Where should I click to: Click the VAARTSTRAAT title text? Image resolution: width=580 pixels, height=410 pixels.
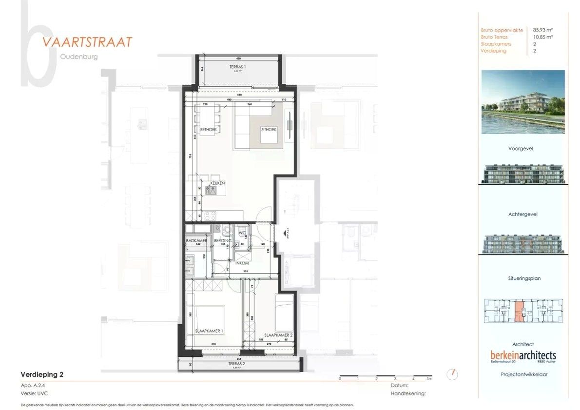pos(87,42)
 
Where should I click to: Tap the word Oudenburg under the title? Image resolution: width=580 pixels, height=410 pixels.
pos(79,57)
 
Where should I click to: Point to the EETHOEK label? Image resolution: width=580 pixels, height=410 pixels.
pos(208,129)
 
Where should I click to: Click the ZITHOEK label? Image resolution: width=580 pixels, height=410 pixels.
pos(269,129)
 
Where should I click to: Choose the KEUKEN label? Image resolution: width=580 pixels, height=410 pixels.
pos(217,183)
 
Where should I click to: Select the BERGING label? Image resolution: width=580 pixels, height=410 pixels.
pos(222,241)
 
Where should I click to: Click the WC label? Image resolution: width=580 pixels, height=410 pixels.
pos(242,233)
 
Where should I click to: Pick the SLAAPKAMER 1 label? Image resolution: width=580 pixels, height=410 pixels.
pos(209,331)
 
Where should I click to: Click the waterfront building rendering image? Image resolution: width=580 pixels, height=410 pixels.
pos(523,102)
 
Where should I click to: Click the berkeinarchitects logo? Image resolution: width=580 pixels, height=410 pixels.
pos(523,355)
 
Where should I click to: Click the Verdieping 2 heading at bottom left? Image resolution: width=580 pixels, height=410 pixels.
pos(42,375)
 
